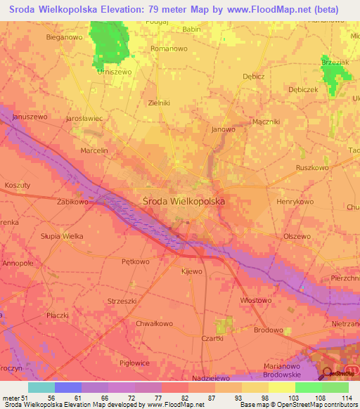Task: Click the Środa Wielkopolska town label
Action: click(184, 200)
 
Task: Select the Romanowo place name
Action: click(169, 50)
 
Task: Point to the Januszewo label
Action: click(30, 117)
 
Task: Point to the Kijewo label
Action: click(191, 271)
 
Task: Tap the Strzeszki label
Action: click(122, 301)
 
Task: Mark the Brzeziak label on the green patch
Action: click(335, 63)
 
